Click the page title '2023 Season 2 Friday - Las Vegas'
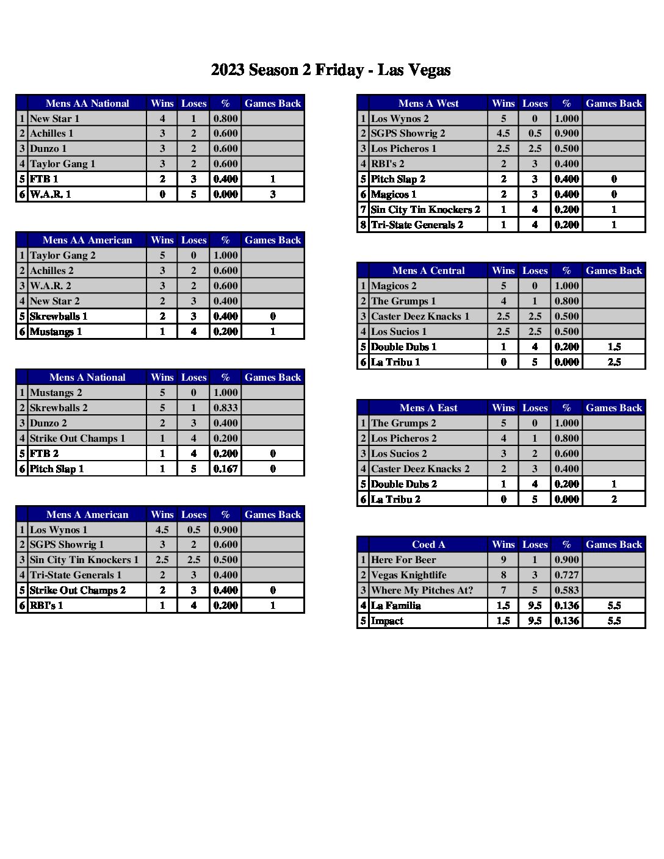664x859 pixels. (331, 70)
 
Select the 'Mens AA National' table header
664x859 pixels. (87, 103)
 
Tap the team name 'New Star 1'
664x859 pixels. (54, 118)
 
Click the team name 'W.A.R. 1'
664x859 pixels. (50, 194)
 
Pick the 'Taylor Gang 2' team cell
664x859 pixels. (62, 255)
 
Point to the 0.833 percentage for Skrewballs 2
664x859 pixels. (225, 408)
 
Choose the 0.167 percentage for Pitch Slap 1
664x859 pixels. (225, 469)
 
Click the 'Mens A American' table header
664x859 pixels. (87, 514)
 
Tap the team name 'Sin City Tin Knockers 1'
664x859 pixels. (84, 559)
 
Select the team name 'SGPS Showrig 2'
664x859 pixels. (408, 133)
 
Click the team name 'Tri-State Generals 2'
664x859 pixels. (417, 225)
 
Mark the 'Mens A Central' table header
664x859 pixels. (428, 270)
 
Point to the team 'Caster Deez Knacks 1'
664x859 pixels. (420, 316)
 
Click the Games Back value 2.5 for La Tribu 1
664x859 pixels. (614, 362)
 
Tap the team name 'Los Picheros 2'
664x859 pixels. (403, 438)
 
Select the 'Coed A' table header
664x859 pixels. (428, 544)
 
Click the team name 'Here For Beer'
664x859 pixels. (403, 559)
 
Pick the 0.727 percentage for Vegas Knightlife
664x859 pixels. (566, 575)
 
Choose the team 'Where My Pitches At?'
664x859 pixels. (422, 590)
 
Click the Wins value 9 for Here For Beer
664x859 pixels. (503, 559)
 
